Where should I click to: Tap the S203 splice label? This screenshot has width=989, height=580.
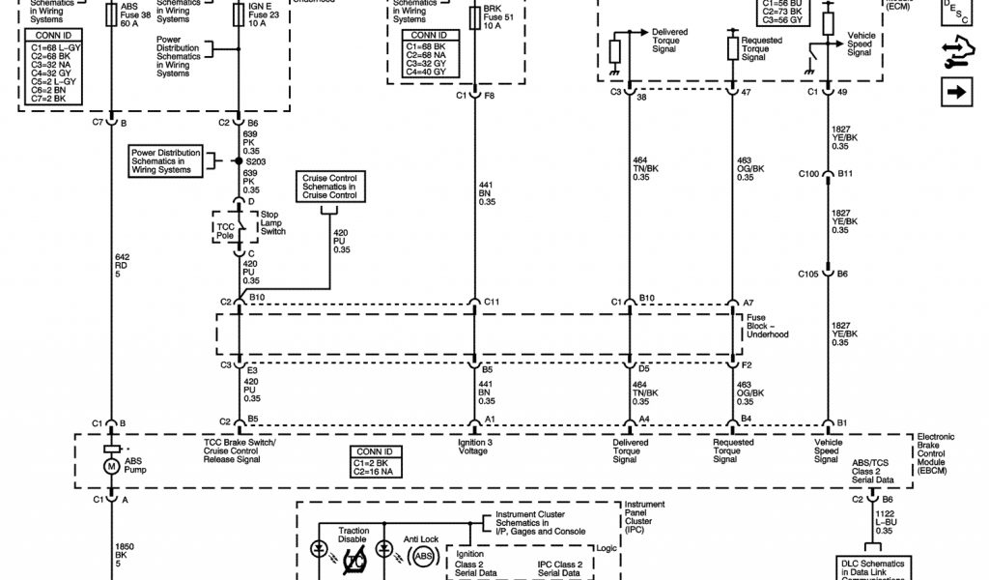[x=256, y=160]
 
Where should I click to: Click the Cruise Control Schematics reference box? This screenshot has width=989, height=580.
[x=329, y=186]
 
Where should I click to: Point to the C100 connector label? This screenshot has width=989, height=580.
[x=808, y=174]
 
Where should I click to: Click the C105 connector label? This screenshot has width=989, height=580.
[x=808, y=274]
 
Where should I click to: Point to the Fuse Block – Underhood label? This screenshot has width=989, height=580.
[x=768, y=328]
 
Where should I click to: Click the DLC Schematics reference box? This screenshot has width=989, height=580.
[x=873, y=565]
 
